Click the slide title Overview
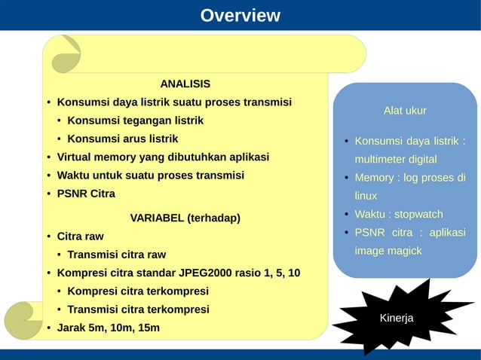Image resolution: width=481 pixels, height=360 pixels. click(240, 16)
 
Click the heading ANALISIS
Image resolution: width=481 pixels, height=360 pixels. click(185, 84)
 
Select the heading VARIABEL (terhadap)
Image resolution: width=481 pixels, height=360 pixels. click(185, 218)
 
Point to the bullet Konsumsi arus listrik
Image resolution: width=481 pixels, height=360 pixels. click(122, 139)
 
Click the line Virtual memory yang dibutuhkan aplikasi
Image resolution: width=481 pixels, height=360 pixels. click(163, 157)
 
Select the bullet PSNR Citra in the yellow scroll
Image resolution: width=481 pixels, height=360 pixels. click(86, 194)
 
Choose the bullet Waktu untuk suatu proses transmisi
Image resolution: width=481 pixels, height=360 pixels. click(150, 175)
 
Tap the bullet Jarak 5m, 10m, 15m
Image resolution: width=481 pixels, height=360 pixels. click(108, 328)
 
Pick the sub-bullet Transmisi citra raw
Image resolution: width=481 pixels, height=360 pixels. click(116, 255)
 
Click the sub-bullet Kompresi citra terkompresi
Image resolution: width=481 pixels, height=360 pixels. click(137, 291)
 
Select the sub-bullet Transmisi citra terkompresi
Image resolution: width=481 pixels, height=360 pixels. click(138, 310)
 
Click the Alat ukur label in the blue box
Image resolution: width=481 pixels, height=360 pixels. click(405, 111)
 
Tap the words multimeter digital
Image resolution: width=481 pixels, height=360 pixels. click(396, 160)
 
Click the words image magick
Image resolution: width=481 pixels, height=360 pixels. click(388, 250)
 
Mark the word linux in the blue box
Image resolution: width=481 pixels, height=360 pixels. click(366, 196)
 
